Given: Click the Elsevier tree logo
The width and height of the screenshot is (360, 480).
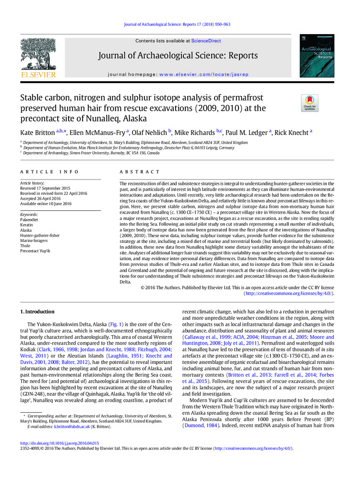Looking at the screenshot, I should pos(38,56).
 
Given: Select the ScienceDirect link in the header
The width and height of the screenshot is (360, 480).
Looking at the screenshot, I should pos(206,41).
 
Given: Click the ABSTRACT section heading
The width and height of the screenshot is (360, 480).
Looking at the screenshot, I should pos(140,171).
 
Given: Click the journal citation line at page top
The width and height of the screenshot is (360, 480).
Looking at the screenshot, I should pos(177,24).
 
